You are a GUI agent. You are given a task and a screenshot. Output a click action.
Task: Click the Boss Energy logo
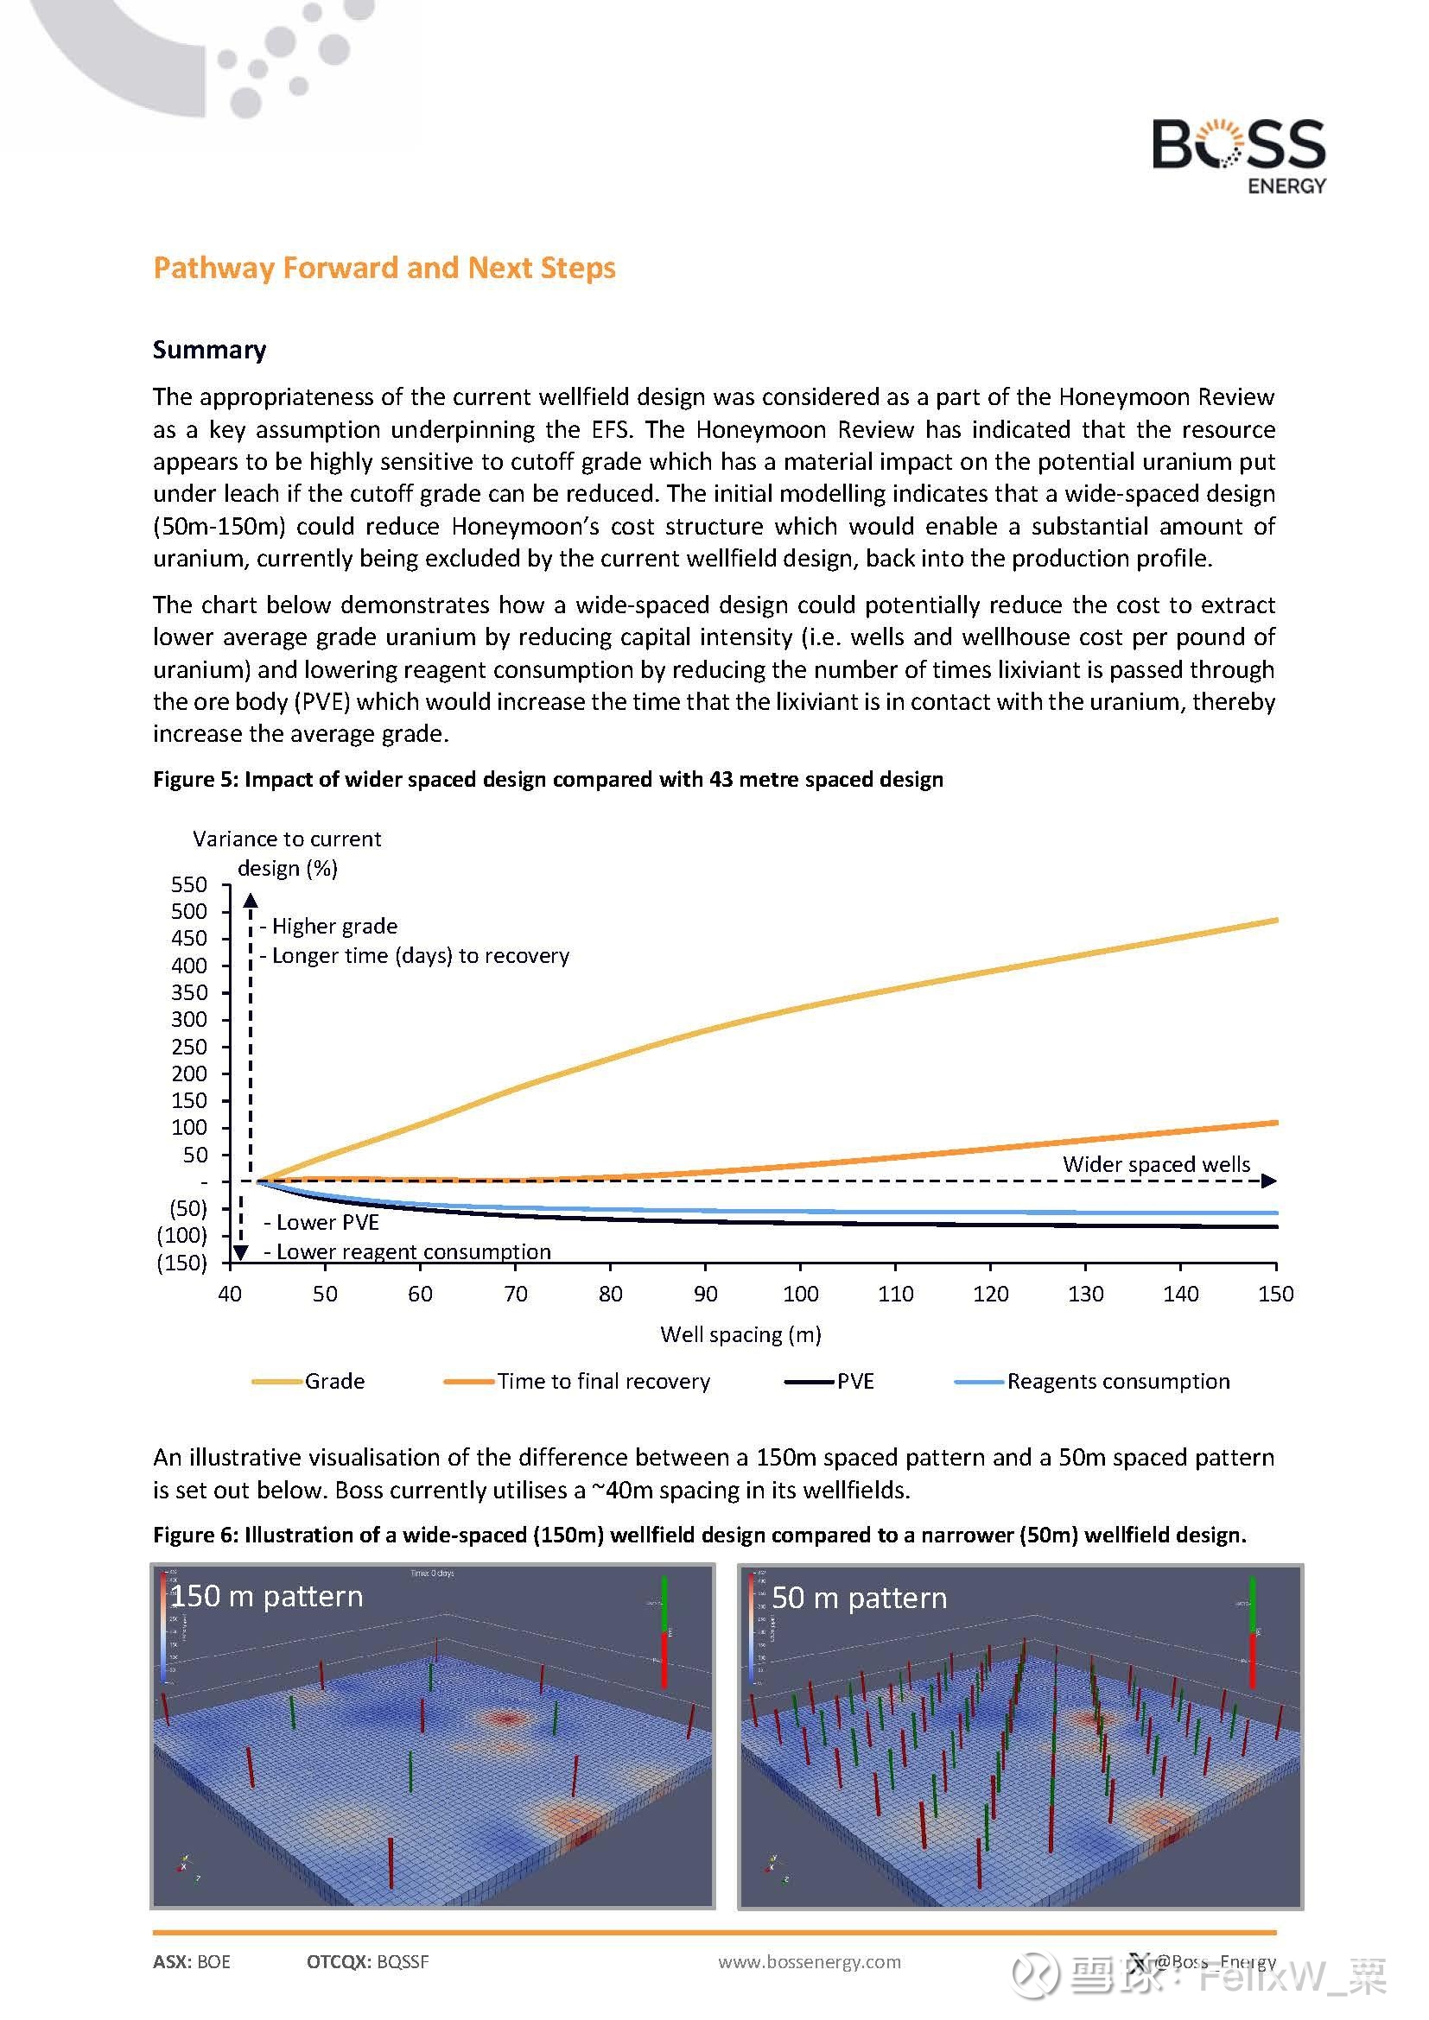click(1238, 155)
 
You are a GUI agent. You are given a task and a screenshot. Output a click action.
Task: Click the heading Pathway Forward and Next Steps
click(384, 268)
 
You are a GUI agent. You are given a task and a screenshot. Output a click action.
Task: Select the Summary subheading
click(209, 349)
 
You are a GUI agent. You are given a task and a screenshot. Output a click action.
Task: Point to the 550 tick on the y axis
click(189, 884)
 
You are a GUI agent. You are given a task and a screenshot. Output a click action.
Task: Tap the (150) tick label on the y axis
click(182, 1263)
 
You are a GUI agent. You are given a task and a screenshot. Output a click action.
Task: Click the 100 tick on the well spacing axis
click(800, 1295)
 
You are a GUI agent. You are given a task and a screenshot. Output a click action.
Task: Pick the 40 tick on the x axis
click(230, 1295)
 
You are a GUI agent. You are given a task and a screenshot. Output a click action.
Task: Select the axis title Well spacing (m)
click(740, 1334)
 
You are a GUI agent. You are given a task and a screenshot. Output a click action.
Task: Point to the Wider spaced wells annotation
click(1155, 1164)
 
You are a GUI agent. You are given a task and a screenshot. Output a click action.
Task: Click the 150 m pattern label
click(267, 1596)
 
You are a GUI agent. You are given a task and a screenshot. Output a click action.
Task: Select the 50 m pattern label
click(859, 1598)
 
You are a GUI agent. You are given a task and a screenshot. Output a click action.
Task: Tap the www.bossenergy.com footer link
click(809, 1961)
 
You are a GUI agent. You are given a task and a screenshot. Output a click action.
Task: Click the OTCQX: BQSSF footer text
click(367, 1961)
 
